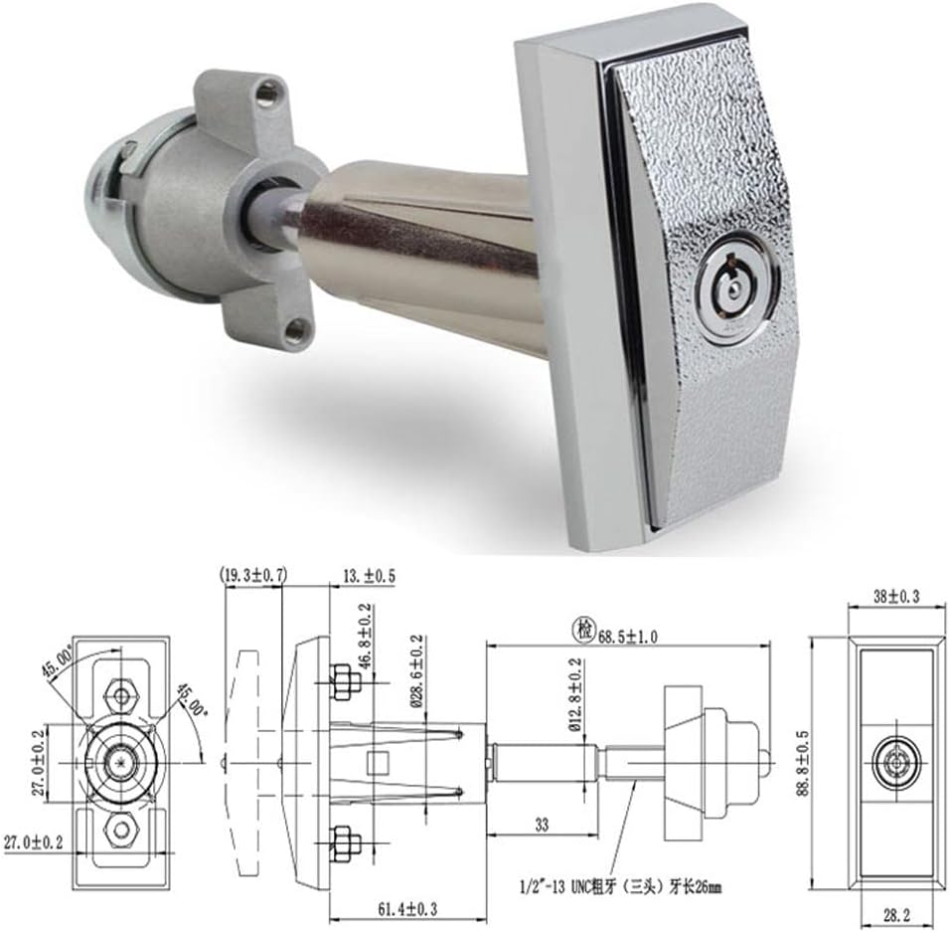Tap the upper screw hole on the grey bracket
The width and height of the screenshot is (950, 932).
click(265, 94)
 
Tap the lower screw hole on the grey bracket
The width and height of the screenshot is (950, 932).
click(295, 328)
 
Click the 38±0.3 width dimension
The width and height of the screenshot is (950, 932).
click(895, 597)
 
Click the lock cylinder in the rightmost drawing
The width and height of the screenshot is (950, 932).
click(894, 763)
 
